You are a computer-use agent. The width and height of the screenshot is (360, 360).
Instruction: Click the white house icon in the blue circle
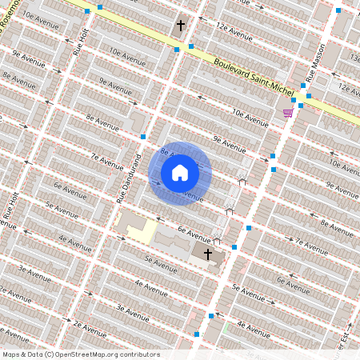point(180,172)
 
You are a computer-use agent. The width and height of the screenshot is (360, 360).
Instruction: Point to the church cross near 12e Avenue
point(181,26)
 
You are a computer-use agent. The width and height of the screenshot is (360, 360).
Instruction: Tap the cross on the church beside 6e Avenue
point(208,254)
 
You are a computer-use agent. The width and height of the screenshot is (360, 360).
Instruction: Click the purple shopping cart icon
point(287,113)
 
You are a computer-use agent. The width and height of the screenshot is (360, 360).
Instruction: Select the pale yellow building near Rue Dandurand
point(143,231)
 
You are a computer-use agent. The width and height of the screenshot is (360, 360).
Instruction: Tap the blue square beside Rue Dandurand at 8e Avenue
point(143,137)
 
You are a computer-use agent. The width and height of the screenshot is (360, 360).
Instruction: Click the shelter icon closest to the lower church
point(217,240)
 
